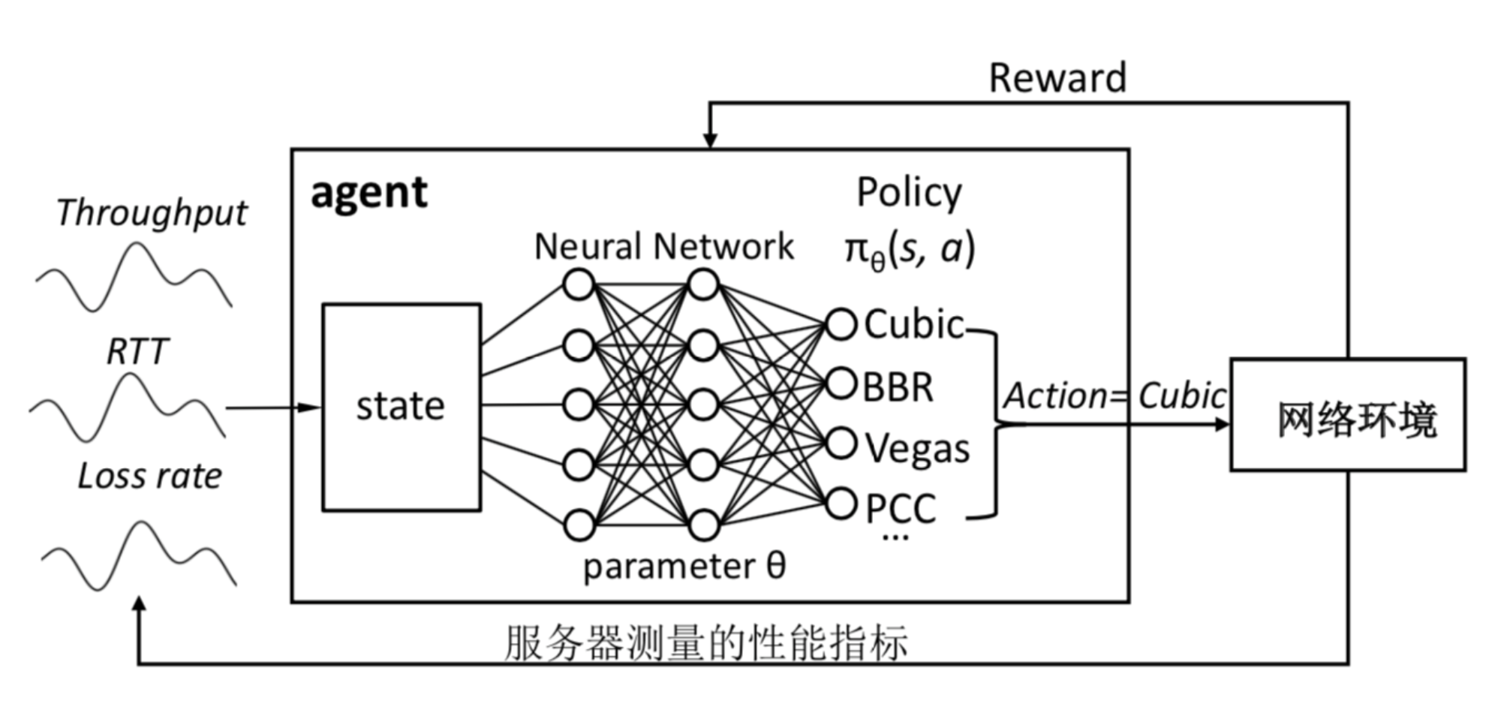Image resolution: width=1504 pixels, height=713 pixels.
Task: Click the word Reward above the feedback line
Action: [1057, 78]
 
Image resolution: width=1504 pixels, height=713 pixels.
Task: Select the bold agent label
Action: [368, 193]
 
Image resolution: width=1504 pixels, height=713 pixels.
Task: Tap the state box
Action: [401, 407]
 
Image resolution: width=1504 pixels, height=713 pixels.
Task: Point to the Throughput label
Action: [152, 213]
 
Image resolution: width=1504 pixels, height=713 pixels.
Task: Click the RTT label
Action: [137, 351]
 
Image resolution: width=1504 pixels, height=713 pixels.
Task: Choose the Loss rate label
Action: [150, 476]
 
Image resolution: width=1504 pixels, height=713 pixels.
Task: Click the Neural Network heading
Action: [663, 246]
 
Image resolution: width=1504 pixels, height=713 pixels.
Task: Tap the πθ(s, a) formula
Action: [909, 249]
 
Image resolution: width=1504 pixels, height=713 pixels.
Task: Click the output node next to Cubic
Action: [841, 325]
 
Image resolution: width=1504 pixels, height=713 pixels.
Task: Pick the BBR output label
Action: [898, 387]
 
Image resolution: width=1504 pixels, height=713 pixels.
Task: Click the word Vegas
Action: [917, 449]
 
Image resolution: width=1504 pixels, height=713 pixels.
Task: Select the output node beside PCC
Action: [841, 504]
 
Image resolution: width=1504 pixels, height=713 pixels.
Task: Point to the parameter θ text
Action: [684, 566]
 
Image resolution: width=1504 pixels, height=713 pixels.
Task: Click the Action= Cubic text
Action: [1114, 396]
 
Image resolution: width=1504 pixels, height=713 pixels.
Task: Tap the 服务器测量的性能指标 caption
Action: [705, 642]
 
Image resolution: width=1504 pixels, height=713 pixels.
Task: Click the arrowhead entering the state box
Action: [309, 408]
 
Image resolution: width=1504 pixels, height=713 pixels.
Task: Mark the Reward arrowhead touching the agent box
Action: [710, 140]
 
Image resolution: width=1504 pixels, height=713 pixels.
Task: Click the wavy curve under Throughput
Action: [134, 276]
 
